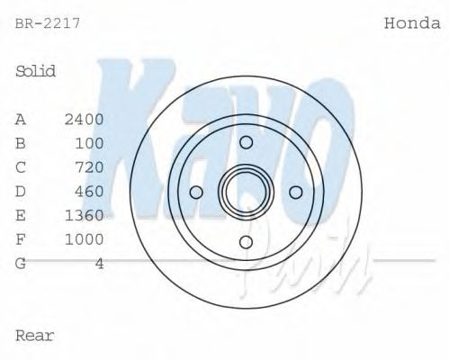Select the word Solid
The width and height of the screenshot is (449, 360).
point(36,71)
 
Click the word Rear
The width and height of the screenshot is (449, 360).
point(35,336)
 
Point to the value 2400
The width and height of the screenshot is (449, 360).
point(85,119)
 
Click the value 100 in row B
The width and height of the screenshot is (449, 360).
point(90,143)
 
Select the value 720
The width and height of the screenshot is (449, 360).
point(90,167)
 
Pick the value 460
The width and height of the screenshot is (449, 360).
point(90,191)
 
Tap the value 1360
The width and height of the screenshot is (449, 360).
point(85,215)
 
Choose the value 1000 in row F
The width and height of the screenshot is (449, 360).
point(85,239)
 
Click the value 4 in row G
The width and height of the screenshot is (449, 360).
point(99,264)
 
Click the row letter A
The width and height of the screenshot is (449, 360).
point(21,119)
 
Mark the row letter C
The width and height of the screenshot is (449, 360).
point(21,167)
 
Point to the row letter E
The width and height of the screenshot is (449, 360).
point(21,215)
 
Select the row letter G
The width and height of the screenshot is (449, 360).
point(21,264)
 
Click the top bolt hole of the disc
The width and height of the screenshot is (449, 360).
point(246,142)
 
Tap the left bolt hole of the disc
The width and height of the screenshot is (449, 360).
point(196,191)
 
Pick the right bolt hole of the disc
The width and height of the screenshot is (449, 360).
point(294,191)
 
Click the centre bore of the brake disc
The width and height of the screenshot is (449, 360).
point(246,191)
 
